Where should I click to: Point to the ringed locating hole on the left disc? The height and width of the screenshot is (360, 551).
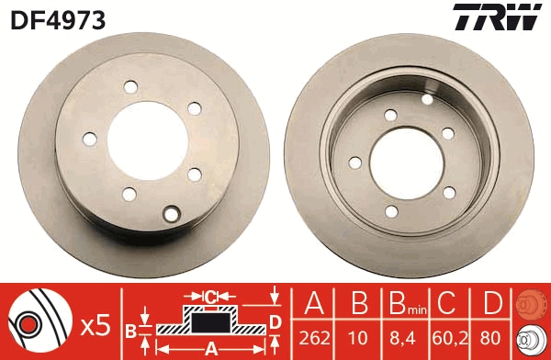170,216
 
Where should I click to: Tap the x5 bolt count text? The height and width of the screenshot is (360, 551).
96,323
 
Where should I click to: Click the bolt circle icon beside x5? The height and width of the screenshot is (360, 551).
37,323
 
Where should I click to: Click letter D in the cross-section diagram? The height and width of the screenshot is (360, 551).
275,321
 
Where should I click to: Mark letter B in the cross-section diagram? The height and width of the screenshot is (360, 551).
130,329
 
